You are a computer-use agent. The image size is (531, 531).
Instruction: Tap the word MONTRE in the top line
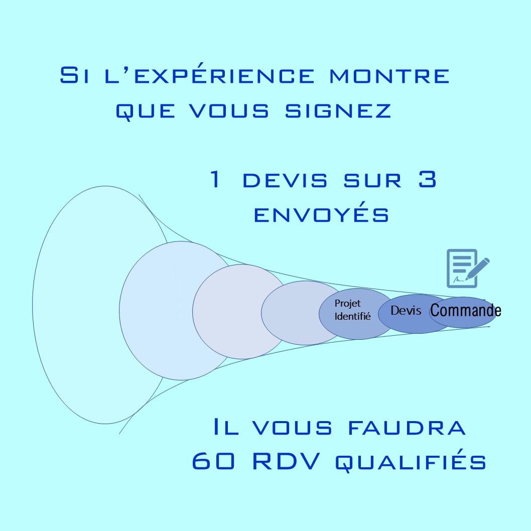(x=389, y=75)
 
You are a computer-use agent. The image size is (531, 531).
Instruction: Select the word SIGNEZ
(x=338, y=110)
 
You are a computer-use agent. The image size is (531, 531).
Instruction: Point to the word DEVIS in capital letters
(x=285, y=180)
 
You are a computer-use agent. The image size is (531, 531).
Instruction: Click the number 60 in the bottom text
(x=213, y=461)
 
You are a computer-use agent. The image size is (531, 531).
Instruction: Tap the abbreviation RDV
(x=286, y=461)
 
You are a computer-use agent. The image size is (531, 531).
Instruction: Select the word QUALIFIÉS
(x=411, y=460)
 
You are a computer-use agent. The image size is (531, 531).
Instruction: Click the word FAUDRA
(x=407, y=428)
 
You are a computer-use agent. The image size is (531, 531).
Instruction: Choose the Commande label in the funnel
(x=466, y=310)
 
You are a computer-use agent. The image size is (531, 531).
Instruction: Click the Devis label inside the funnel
(x=406, y=310)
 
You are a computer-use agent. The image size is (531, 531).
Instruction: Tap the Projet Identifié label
(x=352, y=310)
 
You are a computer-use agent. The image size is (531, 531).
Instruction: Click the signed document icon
(x=468, y=269)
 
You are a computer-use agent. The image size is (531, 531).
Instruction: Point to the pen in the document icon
(x=478, y=269)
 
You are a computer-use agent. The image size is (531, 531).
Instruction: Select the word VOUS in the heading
(x=229, y=110)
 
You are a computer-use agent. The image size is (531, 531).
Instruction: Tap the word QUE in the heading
(x=145, y=111)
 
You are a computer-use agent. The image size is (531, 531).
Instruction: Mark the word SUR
(x=373, y=180)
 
